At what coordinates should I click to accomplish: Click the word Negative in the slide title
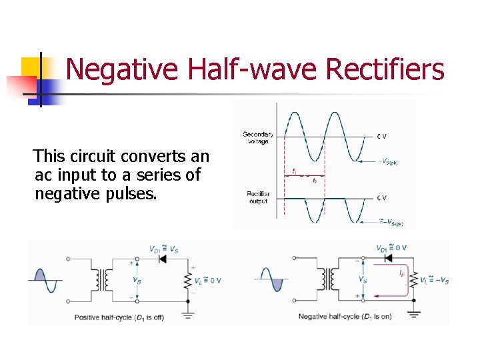123,69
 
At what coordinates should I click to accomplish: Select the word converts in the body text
153,157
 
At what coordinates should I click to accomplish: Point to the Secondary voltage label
258,137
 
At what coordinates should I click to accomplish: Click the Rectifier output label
257,197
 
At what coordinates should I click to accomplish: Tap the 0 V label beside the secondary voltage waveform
381,137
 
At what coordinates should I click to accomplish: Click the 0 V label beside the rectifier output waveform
381,197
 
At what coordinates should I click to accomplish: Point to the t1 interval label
294,172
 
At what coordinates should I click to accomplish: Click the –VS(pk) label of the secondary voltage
387,161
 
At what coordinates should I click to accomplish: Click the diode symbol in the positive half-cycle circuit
160,259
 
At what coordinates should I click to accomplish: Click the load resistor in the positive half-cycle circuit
189,280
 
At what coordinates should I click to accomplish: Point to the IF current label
401,273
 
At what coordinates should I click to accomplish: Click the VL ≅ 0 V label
207,280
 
